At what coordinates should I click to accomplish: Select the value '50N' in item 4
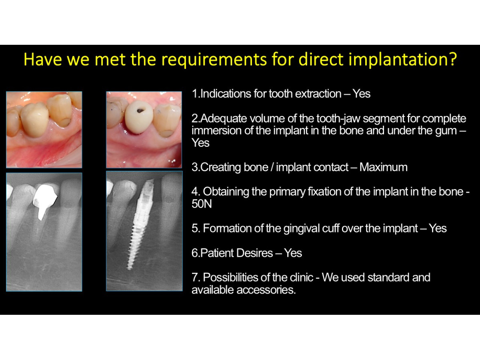pos(202,204)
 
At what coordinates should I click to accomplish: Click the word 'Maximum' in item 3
pos(383,167)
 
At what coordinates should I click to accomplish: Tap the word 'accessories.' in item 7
pos(266,290)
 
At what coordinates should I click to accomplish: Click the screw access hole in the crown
pos(140,110)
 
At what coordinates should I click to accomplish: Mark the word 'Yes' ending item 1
pos(362,94)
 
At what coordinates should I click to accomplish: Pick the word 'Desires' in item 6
pos(254,253)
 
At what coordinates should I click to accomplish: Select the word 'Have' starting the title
pos(43,60)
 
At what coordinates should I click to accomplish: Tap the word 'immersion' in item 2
pos(216,131)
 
